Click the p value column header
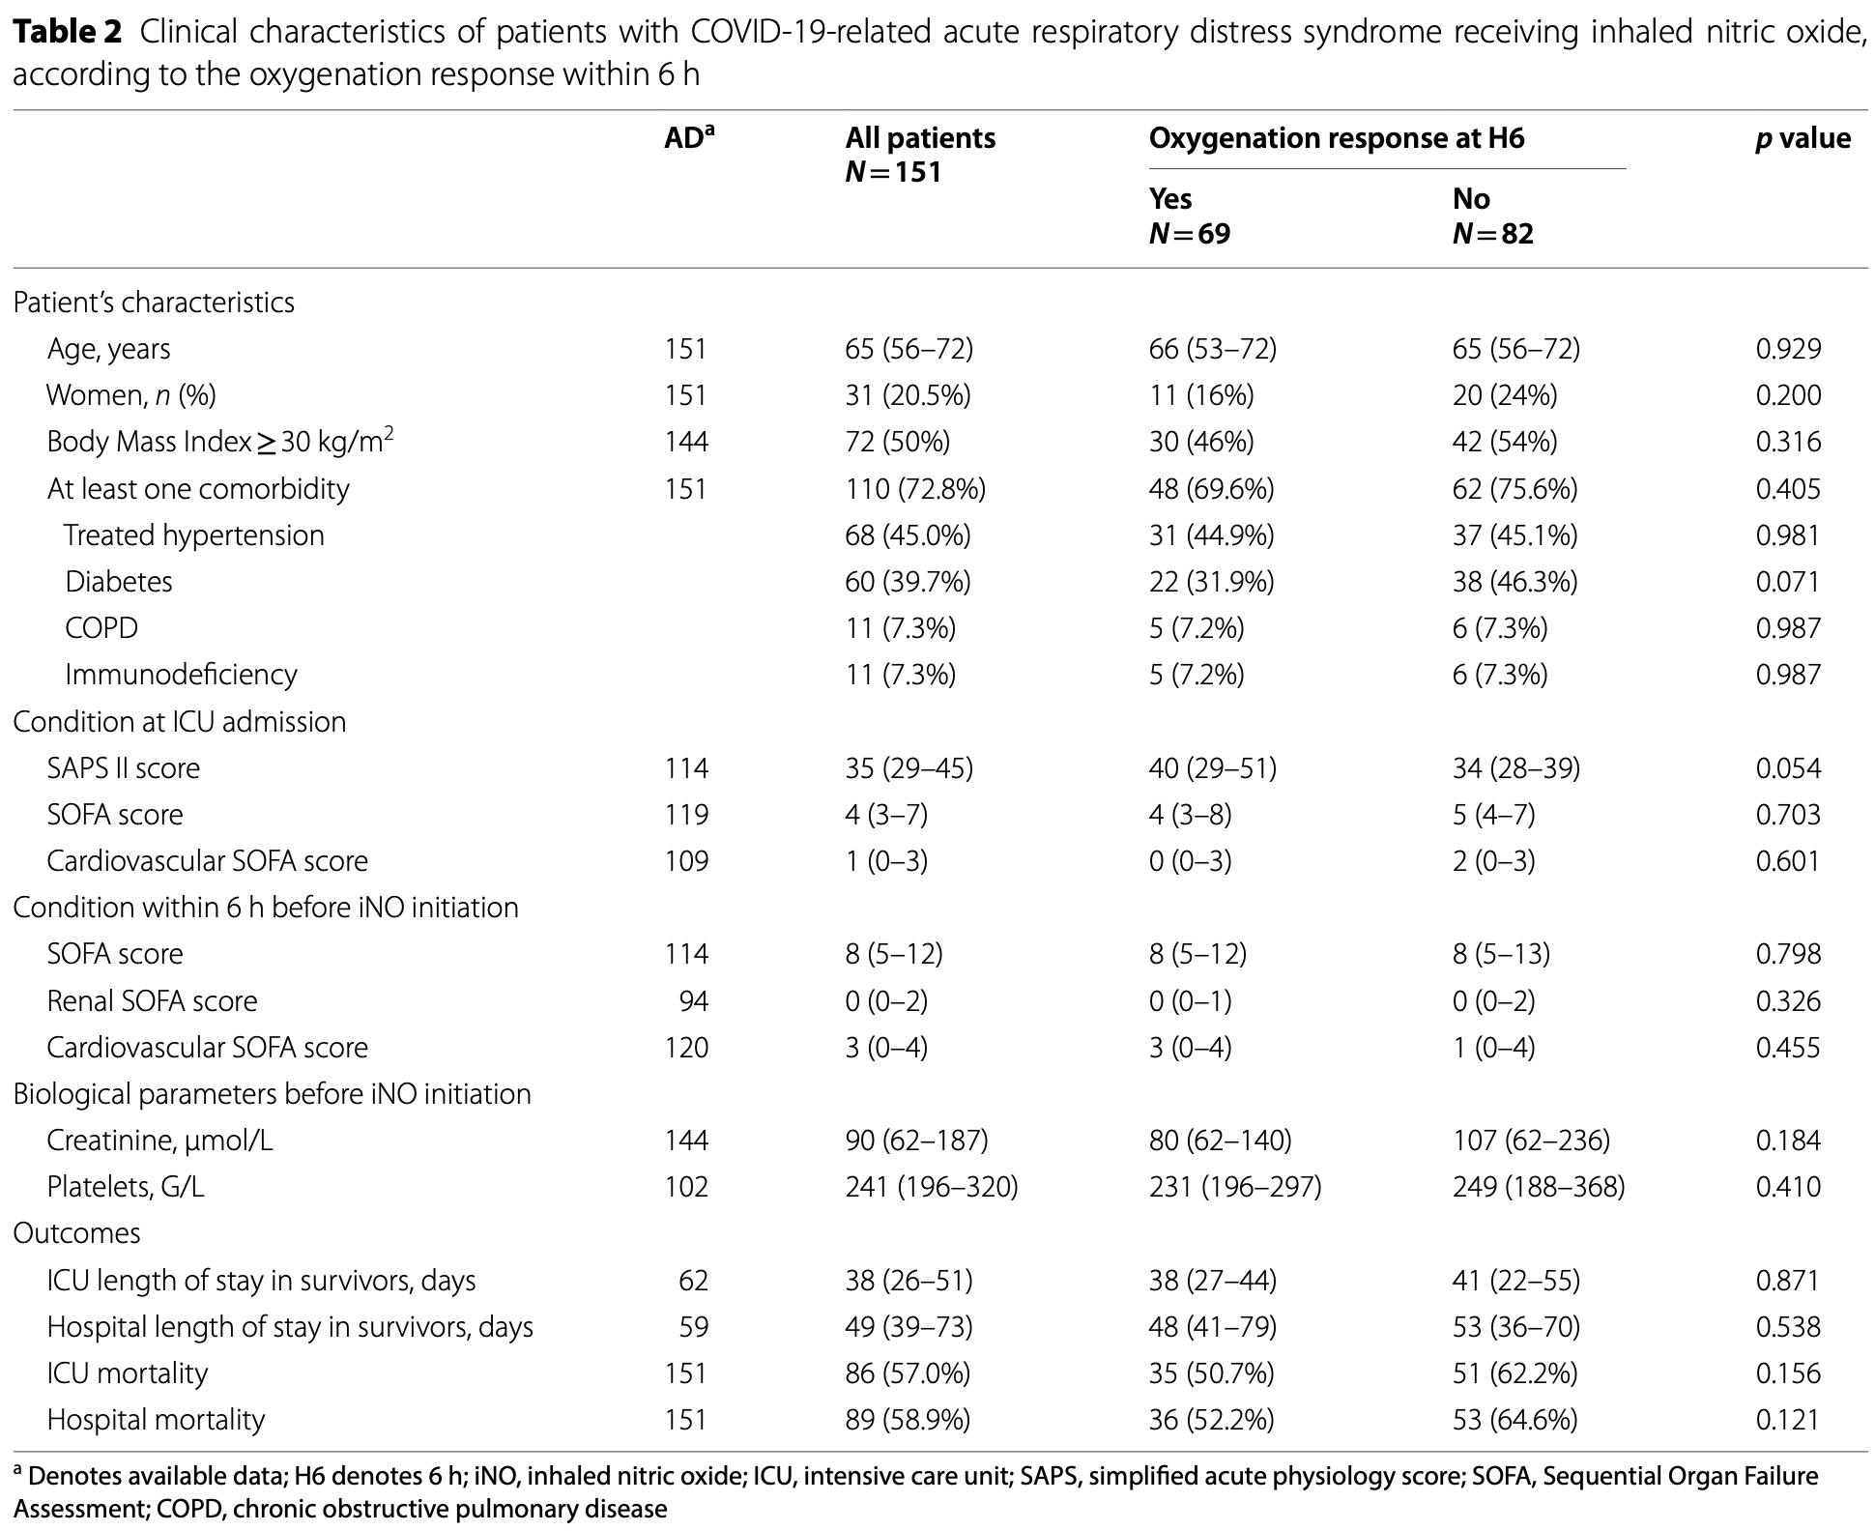[x=1803, y=139]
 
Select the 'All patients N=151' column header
[x=919, y=155]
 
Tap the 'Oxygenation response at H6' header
[x=1336, y=139]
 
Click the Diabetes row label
[x=118, y=582]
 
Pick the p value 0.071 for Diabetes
[x=1788, y=582]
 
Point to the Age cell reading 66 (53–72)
[x=1212, y=349]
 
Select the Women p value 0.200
[x=1788, y=395]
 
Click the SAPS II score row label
[x=124, y=768]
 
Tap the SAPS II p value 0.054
[x=1788, y=768]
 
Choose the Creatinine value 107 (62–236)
[x=1531, y=1141]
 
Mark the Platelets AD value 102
[x=686, y=1187]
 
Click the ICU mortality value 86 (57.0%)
[x=908, y=1373]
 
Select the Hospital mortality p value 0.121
[x=1788, y=1420]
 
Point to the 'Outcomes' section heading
[x=76, y=1233]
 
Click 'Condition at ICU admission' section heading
[x=179, y=722]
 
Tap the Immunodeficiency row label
[x=181, y=675]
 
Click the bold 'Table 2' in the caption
[x=68, y=33]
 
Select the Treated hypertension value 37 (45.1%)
[x=1514, y=535]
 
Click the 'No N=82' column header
[x=1492, y=217]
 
